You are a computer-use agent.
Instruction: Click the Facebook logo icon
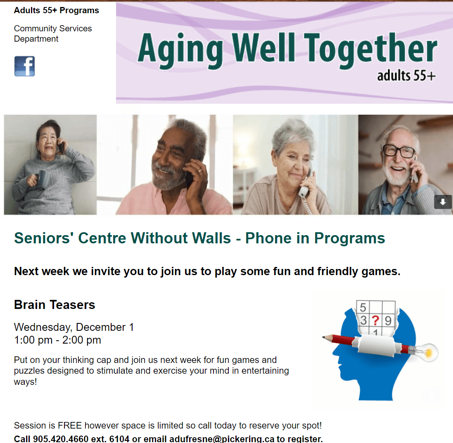[24, 66]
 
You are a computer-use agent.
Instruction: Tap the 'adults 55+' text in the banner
[406, 75]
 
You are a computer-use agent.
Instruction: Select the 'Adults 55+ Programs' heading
[56, 10]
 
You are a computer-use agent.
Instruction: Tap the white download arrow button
[443, 202]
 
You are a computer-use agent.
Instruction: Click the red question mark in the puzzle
[375, 320]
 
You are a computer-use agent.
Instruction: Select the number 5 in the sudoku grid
[363, 307]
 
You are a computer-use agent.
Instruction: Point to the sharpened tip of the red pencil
[323, 337]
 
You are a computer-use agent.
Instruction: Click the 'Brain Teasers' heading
[55, 305]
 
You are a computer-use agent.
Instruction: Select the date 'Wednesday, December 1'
[74, 327]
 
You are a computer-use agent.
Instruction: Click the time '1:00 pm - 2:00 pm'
[57, 340]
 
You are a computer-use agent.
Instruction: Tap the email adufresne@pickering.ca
[222, 439]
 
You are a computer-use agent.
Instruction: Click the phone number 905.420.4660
[61, 439]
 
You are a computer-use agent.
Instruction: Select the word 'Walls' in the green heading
[211, 238]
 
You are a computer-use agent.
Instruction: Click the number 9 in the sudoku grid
[388, 320]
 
